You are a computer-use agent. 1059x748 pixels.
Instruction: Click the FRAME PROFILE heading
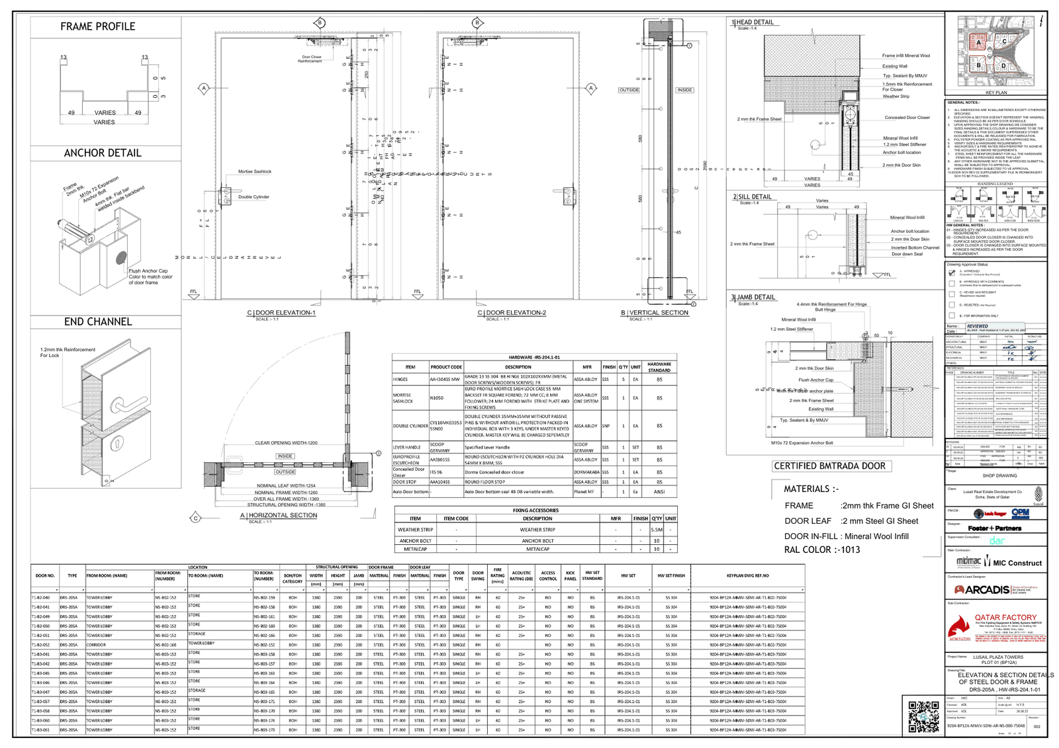(98, 26)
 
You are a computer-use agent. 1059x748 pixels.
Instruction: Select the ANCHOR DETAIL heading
(103, 153)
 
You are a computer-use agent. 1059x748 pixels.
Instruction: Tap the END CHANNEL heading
(98, 321)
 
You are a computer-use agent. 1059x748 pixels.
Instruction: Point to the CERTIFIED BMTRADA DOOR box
(830, 466)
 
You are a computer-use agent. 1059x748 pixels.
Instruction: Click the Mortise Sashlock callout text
(255, 171)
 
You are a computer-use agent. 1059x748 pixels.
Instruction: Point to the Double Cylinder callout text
(253, 197)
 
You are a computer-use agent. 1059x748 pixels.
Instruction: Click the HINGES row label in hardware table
(400, 380)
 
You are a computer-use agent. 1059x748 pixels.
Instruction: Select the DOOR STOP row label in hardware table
(404, 482)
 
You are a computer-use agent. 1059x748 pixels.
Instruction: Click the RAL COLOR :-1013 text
(822, 550)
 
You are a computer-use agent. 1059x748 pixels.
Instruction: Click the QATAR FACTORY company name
(1005, 617)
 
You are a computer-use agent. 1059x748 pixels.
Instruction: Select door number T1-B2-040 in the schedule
(40, 597)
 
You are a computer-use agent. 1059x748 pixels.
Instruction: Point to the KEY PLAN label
(995, 93)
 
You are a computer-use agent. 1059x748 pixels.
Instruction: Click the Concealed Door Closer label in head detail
(907, 118)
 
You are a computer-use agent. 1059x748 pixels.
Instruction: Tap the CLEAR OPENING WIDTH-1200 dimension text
(286, 443)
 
